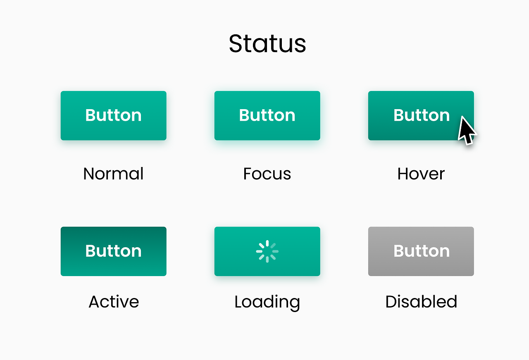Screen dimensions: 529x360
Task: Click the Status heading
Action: [267, 44]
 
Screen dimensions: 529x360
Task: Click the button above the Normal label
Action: [114, 115]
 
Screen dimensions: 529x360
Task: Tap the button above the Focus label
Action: [267, 115]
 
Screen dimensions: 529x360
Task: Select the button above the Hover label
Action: [421, 115]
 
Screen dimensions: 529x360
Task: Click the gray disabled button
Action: [421, 251]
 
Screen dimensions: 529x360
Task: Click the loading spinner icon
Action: [267, 251]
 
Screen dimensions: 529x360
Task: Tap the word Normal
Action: [113, 174]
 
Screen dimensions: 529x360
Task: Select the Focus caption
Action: [267, 174]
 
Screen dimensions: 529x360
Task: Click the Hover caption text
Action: [421, 174]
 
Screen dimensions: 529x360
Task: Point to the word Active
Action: [114, 302]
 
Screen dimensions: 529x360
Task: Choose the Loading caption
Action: [267, 303]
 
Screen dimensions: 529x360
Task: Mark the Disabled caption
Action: [421, 302]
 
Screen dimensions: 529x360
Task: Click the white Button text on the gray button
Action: [422, 251]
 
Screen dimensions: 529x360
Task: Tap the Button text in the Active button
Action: [114, 251]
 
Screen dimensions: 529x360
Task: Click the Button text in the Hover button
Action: [422, 115]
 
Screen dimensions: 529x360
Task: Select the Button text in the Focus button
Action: [267, 115]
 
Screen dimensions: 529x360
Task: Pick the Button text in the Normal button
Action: [114, 115]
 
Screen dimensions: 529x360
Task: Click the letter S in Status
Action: [236, 44]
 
